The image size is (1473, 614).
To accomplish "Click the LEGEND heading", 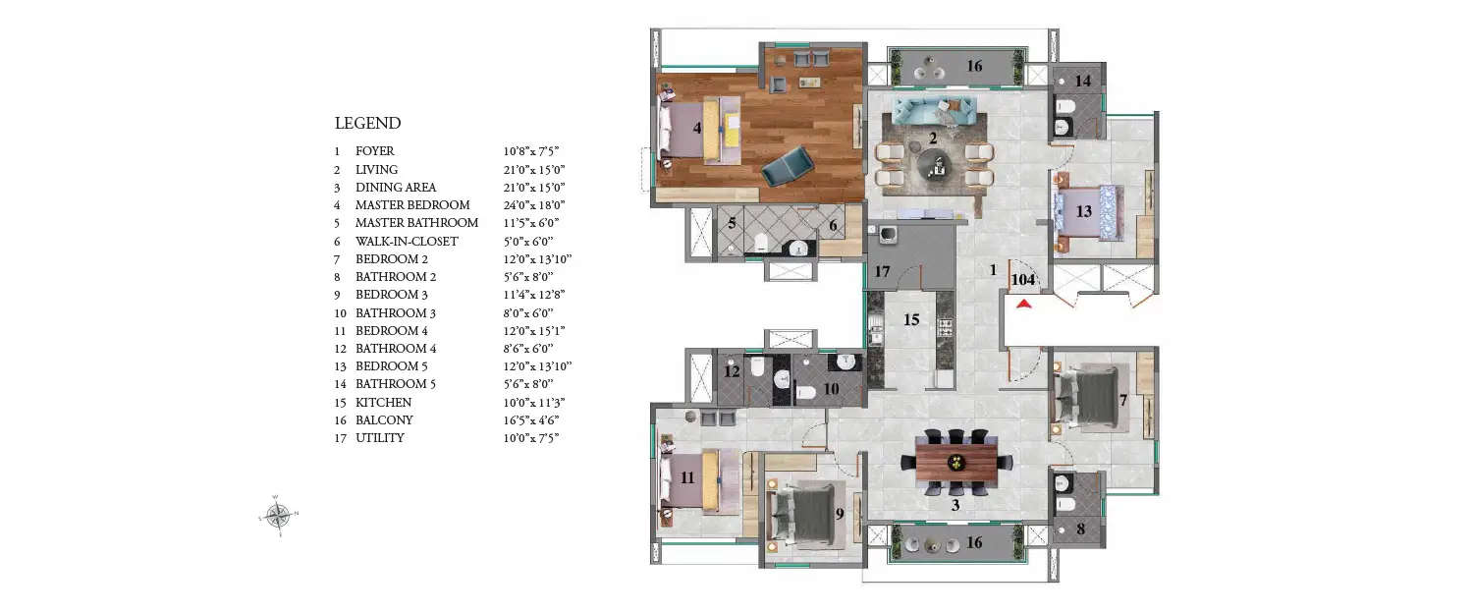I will tap(367, 124).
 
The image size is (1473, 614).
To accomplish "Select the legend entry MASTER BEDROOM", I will tap(412, 205).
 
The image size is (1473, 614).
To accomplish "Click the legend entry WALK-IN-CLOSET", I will tap(407, 241).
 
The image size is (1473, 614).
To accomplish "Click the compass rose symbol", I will tap(278, 513).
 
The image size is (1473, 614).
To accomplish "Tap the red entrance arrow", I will tap(1024, 305).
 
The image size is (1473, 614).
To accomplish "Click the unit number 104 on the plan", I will tap(1023, 280).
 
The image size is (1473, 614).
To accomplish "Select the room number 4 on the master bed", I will tap(696, 127).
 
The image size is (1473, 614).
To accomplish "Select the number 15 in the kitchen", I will tap(911, 319).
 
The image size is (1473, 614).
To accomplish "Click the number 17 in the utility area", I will tap(882, 271).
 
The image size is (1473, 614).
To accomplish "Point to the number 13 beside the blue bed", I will tap(1083, 211).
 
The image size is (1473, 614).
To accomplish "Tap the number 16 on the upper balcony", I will tap(973, 67).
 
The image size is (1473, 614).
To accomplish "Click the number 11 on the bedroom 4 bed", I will tap(687, 478).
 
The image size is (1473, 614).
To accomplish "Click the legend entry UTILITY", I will tap(379, 438).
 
